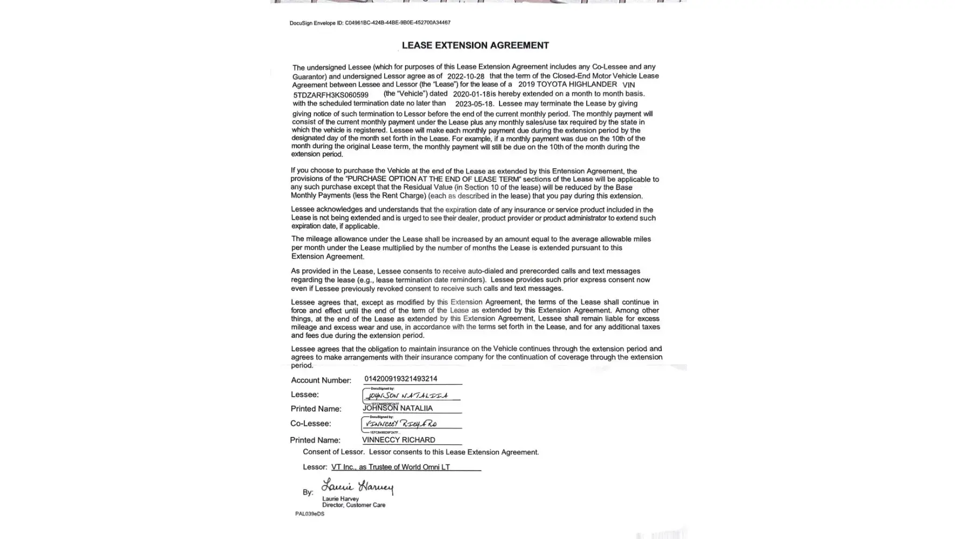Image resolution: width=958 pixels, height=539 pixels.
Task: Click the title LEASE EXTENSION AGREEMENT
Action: pyautogui.click(x=475, y=46)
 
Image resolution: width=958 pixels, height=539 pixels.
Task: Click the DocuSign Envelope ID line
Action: pyautogui.click(x=370, y=23)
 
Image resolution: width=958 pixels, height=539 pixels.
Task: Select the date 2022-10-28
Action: pyautogui.click(x=466, y=77)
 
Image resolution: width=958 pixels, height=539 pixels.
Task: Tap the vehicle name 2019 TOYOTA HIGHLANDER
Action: pyautogui.click(x=567, y=85)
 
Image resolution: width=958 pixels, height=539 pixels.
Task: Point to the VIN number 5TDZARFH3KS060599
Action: pyautogui.click(x=331, y=95)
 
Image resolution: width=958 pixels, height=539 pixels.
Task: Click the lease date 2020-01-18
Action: pyautogui.click(x=471, y=94)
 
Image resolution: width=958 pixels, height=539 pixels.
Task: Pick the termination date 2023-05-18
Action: pyautogui.click(x=474, y=103)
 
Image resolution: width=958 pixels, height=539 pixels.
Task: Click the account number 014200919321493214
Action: pyautogui.click(x=400, y=379)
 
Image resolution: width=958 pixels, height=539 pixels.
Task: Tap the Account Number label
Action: pyautogui.click(x=321, y=381)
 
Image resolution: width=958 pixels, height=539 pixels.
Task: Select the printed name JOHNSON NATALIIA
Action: pyautogui.click(x=398, y=409)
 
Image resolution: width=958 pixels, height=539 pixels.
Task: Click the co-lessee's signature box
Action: pyautogui.click(x=411, y=424)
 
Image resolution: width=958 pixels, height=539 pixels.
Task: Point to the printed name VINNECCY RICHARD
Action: pyautogui.click(x=398, y=440)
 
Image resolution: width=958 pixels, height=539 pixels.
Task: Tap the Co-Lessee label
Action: pyautogui.click(x=310, y=424)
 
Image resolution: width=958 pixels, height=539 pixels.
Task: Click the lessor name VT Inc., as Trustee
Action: pyautogui.click(x=390, y=467)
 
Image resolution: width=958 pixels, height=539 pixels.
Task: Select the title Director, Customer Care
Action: pyautogui.click(x=353, y=505)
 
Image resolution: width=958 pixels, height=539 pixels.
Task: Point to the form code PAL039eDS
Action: pyautogui.click(x=310, y=514)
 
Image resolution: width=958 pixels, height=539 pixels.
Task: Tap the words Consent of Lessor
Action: pyautogui.click(x=334, y=452)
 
